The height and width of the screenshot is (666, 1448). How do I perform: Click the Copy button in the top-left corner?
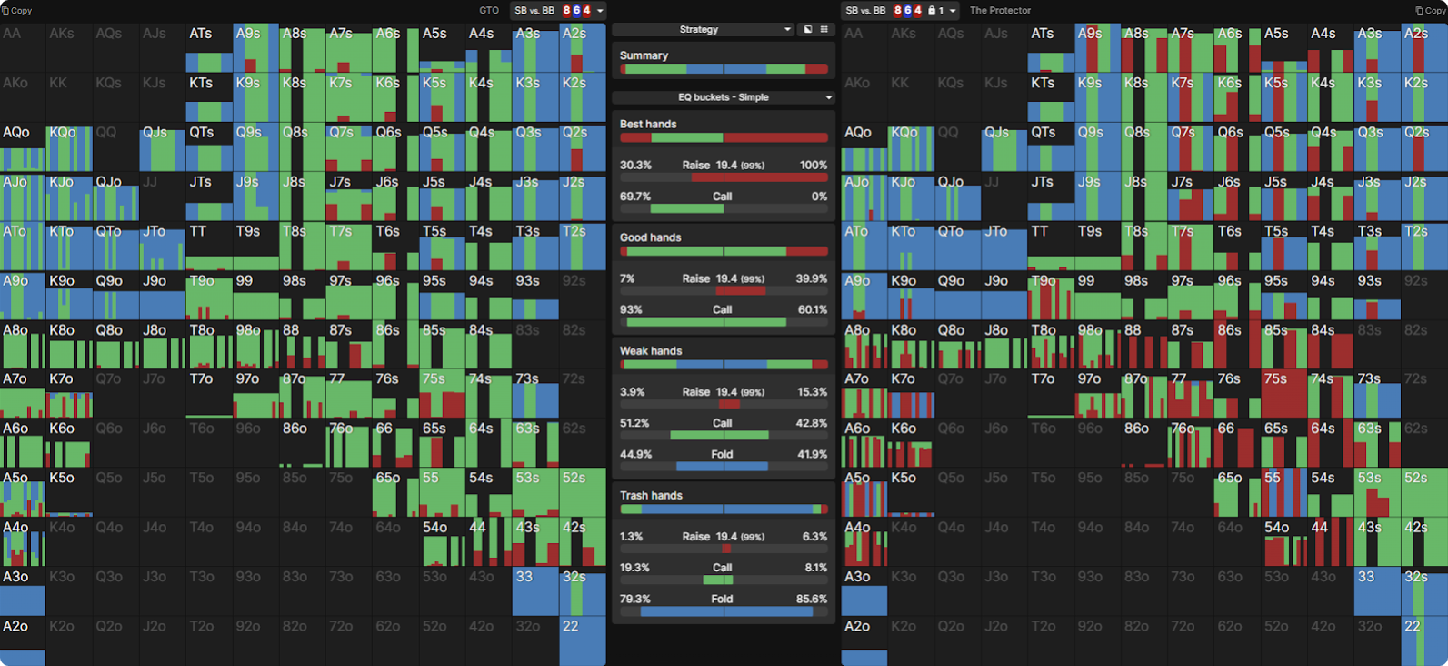17,11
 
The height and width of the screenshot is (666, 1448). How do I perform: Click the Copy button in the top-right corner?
1431,11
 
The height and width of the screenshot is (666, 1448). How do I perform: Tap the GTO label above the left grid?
489,11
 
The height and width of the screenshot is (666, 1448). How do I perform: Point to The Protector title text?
1000,11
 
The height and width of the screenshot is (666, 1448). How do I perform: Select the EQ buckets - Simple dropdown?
724,97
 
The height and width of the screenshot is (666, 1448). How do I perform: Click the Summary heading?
644,55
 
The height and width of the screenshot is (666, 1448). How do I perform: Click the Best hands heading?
648,124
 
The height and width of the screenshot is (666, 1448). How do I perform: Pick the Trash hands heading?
651,496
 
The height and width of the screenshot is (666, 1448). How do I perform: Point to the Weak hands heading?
651,351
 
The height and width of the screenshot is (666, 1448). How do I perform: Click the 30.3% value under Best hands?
635,166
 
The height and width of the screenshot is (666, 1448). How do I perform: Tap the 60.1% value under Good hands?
812,309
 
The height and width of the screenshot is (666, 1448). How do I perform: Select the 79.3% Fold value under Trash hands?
635,600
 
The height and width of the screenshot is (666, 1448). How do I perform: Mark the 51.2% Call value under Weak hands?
634,423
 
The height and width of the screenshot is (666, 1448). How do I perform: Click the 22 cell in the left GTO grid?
583,641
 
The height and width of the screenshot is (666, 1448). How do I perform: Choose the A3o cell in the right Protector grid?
864,591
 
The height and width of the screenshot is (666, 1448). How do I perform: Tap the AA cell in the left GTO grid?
23,48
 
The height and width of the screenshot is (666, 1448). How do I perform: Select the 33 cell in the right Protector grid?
1376,591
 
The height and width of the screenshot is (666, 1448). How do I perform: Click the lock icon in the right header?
931,11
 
